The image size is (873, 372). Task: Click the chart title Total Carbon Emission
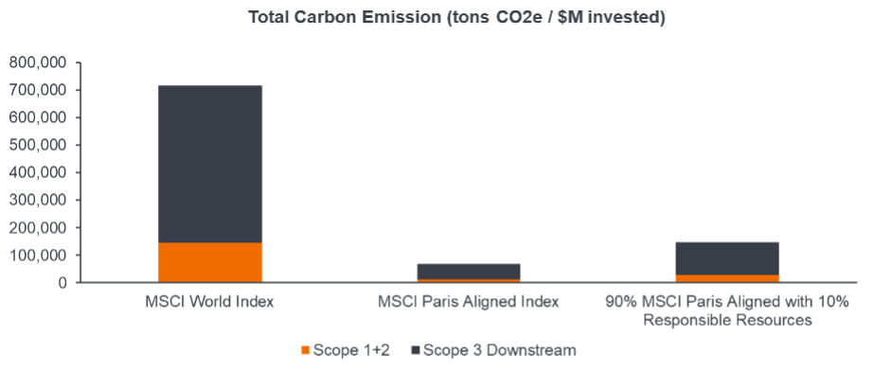point(455,18)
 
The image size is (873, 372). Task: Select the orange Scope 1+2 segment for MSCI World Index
point(210,262)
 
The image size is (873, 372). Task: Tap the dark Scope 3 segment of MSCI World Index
point(210,164)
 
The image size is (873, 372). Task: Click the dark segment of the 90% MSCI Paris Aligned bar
point(727,257)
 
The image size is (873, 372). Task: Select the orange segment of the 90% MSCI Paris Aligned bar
point(727,278)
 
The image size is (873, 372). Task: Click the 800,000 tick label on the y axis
point(39,62)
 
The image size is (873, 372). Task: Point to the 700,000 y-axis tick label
point(39,90)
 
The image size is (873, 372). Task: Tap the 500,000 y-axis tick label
point(39,145)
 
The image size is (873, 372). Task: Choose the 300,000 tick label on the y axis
point(39,200)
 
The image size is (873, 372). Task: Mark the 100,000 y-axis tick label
point(39,255)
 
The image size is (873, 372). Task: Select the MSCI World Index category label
point(210,302)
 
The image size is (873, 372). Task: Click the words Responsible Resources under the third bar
point(727,320)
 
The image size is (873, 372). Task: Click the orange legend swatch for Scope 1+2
point(306,350)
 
